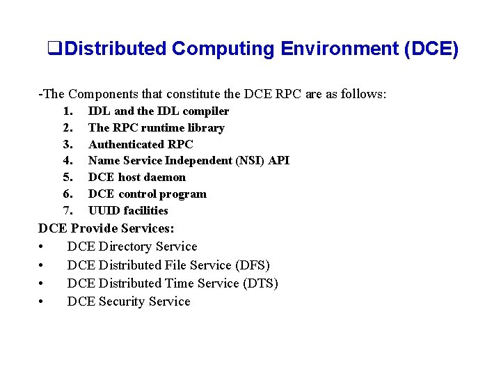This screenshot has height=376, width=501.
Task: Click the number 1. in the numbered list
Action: pyautogui.click(x=67, y=111)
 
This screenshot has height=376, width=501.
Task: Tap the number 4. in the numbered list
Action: pyautogui.click(x=67, y=161)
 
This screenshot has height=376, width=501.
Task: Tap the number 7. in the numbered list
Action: pyautogui.click(x=67, y=211)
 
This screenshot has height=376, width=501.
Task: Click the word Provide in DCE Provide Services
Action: pyautogui.click(x=95, y=228)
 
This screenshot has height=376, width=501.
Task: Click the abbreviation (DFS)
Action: pyautogui.click(x=253, y=265)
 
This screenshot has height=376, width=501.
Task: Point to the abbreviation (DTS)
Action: pyautogui.click(x=260, y=283)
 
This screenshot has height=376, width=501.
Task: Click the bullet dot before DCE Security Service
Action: pyautogui.click(x=43, y=302)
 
